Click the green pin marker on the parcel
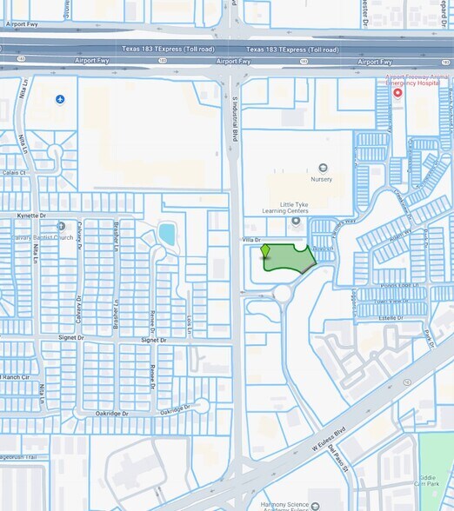(265, 252)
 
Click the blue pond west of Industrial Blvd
(166, 233)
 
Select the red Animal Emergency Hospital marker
(397, 92)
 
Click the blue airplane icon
(60, 100)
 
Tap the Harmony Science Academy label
(290, 504)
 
